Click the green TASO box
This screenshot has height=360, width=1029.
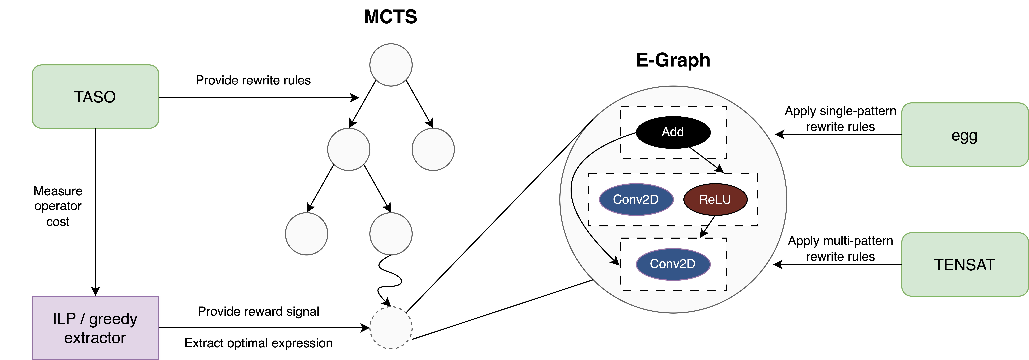tap(95, 97)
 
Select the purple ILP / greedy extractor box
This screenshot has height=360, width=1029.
tap(95, 328)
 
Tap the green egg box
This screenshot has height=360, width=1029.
tap(964, 135)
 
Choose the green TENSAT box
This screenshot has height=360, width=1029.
tap(964, 264)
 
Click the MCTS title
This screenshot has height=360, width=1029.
tap(390, 17)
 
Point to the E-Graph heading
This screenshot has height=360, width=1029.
tap(673, 60)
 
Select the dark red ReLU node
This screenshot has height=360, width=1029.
tap(715, 199)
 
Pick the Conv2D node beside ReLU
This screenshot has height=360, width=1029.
tap(636, 199)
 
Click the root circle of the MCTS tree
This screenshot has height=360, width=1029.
tap(391, 65)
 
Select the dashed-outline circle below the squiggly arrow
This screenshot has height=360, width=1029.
tap(391, 328)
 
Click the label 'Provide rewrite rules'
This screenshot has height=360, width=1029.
tap(253, 80)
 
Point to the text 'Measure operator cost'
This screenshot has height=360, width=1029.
tap(58, 206)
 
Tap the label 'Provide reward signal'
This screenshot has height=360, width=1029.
tap(258, 311)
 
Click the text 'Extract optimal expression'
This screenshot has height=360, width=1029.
tap(258, 343)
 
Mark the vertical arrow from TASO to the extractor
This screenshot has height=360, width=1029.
tap(96, 212)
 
